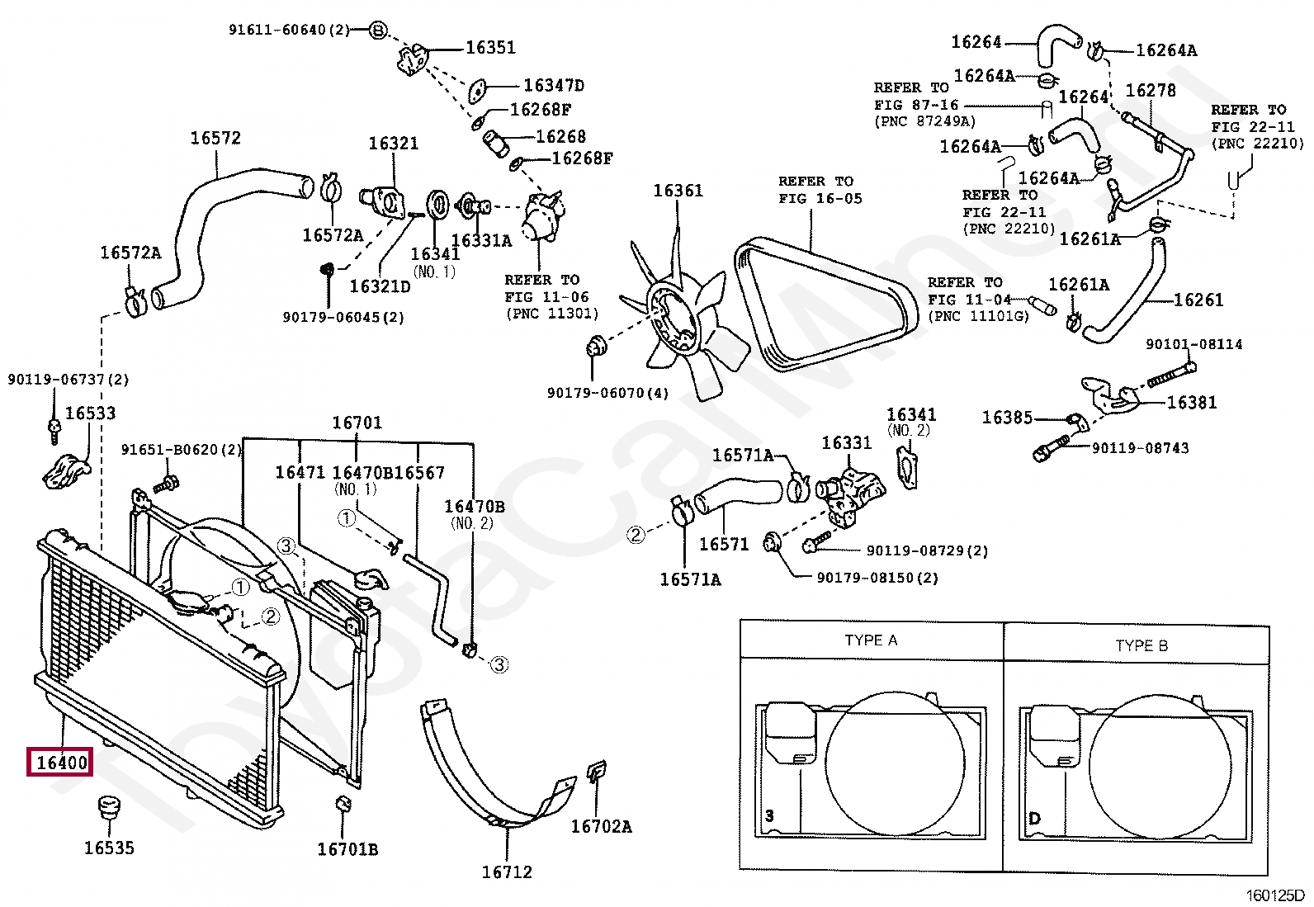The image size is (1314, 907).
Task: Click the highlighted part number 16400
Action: point(62,763)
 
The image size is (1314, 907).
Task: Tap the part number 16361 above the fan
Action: point(678,191)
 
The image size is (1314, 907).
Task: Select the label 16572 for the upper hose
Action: point(215,138)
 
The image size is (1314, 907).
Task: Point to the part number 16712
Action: point(507,872)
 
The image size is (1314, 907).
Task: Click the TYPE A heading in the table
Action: point(871,640)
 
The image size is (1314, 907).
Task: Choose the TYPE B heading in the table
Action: point(1141,646)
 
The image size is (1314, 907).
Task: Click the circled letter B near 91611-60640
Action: point(378,30)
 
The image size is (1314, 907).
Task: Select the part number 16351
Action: point(490,48)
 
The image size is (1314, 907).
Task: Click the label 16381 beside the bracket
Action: point(1191,403)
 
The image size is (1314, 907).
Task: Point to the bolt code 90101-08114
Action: point(1193,344)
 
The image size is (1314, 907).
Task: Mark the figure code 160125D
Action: point(1275,895)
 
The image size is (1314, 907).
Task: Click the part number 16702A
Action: point(601,827)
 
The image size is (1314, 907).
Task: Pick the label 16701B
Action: point(347,849)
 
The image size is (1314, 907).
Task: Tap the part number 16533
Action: point(90,413)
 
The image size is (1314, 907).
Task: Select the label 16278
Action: point(1151,90)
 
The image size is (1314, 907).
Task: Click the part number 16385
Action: point(1007,418)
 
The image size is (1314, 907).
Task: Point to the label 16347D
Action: point(554,86)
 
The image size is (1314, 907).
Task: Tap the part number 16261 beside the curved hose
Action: point(1198,300)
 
